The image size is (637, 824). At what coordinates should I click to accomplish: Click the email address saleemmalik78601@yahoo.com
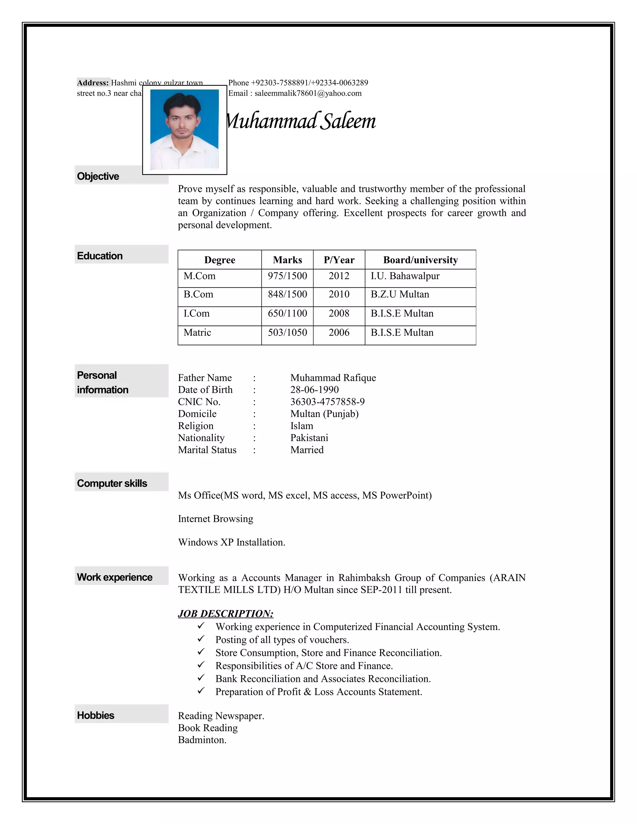click(x=308, y=93)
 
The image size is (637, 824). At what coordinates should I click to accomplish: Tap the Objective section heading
click(x=98, y=176)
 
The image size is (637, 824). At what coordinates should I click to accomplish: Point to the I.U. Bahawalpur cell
click(x=405, y=276)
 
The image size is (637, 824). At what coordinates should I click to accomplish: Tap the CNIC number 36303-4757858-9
click(x=327, y=401)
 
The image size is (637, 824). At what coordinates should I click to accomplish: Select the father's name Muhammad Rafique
click(x=333, y=378)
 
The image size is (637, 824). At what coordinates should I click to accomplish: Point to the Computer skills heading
click(x=112, y=483)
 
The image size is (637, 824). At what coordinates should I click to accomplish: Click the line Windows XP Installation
click(x=231, y=542)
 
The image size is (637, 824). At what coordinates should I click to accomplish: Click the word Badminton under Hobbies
click(x=202, y=740)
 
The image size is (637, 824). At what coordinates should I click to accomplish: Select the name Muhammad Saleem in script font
click(x=301, y=122)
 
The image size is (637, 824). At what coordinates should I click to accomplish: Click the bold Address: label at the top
click(x=93, y=83)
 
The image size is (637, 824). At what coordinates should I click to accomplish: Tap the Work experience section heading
click(x=114, y=577)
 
